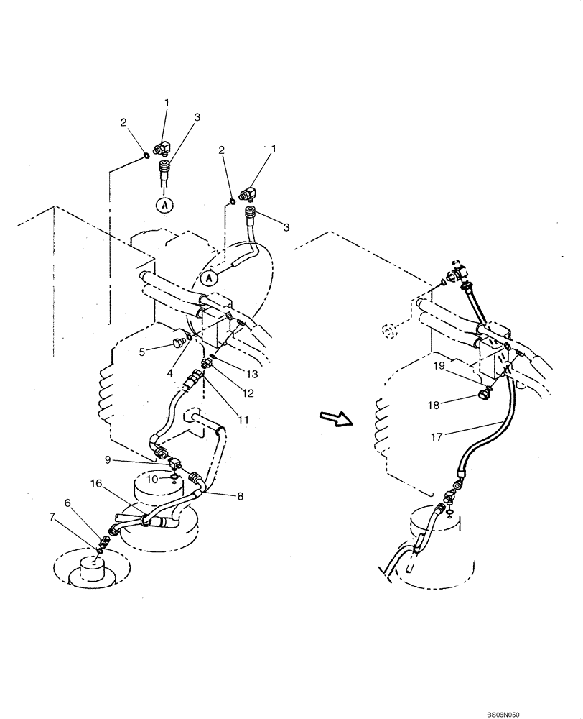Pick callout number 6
(x=69, y=504)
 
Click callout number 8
(x=238, y=495)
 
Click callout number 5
(x=142, y=352)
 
